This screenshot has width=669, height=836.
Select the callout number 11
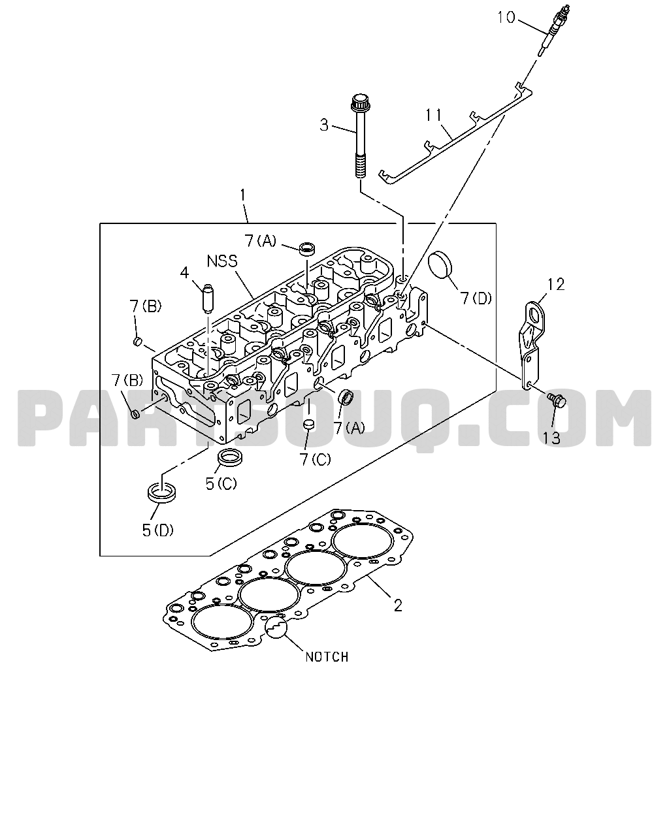point(434,116)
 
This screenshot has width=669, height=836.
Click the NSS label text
point(222,261)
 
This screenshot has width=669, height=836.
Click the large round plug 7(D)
point(440,266)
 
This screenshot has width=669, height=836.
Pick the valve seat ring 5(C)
point(230,457)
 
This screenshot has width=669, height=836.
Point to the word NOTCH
point(327,657)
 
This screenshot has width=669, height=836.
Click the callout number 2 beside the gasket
point(398,605)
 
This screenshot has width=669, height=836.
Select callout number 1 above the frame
point(242,195)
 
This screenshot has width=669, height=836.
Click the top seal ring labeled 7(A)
point(307,249)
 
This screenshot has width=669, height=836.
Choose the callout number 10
point(506,18)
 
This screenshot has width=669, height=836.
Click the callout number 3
point(324,125)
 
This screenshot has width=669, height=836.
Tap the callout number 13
point(551,438)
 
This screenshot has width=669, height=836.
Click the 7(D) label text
point(476,298)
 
